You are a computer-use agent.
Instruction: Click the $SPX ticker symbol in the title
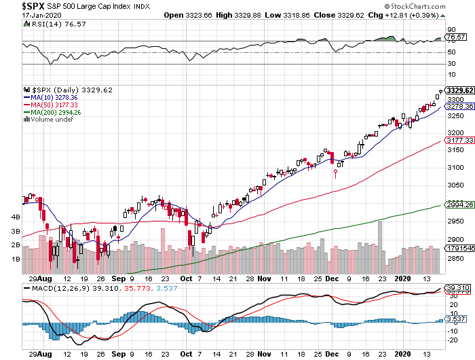[x=16, y=5]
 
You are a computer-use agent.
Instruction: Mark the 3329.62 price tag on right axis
[x=458, y=90]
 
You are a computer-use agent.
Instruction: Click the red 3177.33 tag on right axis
[x=458, y=140]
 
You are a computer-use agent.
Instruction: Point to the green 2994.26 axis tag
[x=458, y=204]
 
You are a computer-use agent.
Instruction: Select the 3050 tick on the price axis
[x=455, y=185]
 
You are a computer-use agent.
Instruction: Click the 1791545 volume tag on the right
[x=458, y=249]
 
